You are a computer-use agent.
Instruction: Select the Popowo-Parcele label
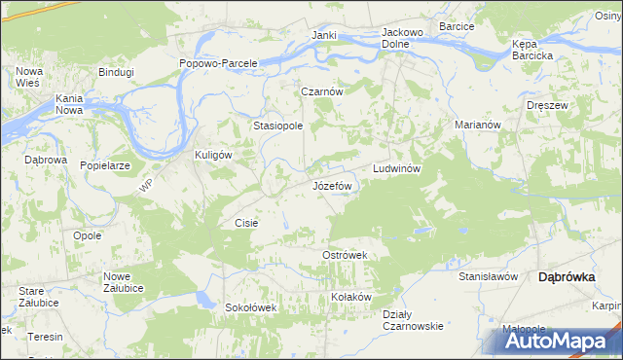coord(218,63)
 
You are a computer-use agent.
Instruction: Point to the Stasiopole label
coord(278,126)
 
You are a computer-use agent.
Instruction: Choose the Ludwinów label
coord(396,168)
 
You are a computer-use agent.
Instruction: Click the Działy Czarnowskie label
coord(413,319)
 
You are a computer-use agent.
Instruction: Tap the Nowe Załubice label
coord(124,282)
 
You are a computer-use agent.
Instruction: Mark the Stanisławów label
coord(487,276)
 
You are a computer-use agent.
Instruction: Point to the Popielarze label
coord(105,165)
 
